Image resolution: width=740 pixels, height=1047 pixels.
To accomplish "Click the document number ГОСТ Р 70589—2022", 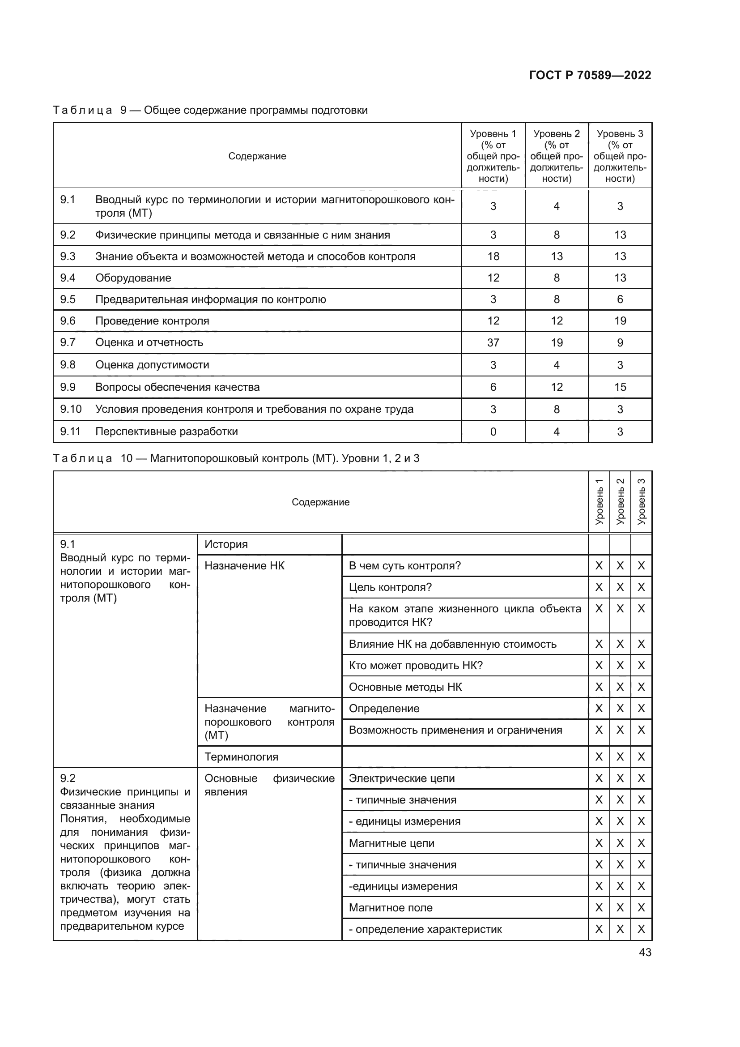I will click(590, 75).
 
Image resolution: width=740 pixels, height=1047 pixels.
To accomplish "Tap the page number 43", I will click(645, 952).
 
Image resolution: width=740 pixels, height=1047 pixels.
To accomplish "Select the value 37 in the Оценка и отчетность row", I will click(493, 342).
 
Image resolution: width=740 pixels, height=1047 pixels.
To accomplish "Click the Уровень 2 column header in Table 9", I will click(557, 156).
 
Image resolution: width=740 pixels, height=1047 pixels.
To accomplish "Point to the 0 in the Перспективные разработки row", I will click(493, 432).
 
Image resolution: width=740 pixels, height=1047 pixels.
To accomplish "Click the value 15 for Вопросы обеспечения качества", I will click(620, 387).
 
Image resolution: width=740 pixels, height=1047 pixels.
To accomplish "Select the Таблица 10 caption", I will click(236, 458).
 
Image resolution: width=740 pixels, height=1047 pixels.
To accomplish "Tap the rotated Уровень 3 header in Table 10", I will click(641, 502).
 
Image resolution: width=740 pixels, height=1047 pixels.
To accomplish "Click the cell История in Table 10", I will click(226, 544).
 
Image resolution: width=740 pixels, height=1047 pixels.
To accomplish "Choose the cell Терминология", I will click(241, 757).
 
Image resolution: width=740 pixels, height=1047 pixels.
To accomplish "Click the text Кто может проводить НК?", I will click(416, 665).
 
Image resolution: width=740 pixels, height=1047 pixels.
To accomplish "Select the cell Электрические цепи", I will click(401, 778).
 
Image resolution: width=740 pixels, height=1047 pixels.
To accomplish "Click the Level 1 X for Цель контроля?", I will click(599, 587).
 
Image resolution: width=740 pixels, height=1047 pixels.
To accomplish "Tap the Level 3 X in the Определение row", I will click(641, 709).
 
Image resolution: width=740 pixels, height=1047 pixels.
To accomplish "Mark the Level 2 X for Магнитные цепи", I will click(620, 843).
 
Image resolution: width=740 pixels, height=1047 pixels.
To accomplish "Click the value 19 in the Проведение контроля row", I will click(620, 321).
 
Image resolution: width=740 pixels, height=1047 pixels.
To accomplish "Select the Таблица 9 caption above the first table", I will click(210, 111).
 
